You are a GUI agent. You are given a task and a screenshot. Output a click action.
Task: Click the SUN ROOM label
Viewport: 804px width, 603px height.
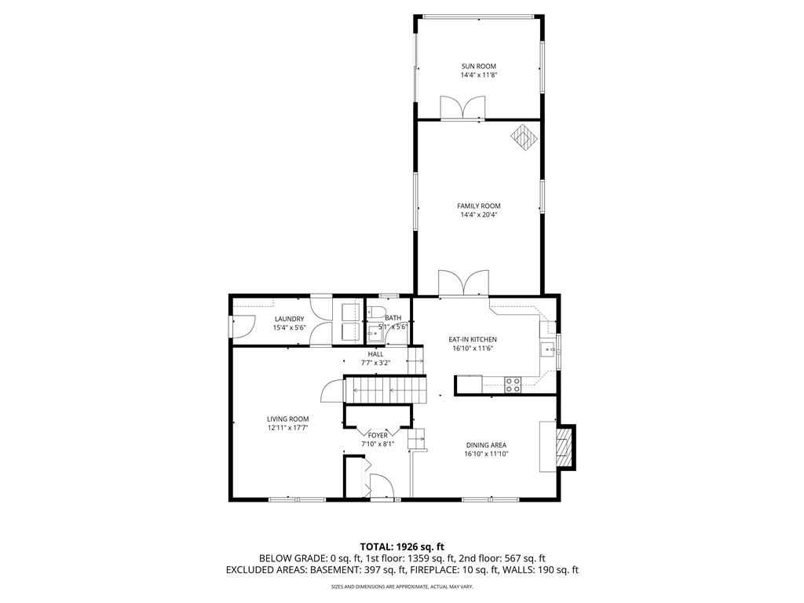pos(478,66)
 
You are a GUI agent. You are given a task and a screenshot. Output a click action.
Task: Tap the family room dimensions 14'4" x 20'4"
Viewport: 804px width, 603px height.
pos(478,214)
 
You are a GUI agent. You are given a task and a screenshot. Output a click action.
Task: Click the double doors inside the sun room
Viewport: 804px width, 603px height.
pos(462,108)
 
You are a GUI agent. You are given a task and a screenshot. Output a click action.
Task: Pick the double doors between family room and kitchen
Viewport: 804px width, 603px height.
pos(462,283)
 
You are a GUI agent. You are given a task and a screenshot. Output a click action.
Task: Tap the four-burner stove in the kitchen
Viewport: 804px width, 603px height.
pos(512,384)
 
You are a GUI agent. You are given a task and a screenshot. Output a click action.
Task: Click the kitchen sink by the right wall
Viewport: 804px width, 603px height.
pos(545,349)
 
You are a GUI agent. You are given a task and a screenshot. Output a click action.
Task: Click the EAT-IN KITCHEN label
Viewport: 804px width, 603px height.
pos(473,339)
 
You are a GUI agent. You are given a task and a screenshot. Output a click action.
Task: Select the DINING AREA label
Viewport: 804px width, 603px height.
pos(485,444)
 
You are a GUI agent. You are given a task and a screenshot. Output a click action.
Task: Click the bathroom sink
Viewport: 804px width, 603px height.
pos(372,334)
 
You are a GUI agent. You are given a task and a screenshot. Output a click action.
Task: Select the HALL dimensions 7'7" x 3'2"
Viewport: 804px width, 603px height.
pos(375,363)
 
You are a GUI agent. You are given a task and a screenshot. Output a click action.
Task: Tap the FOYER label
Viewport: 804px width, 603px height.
pos(378,434)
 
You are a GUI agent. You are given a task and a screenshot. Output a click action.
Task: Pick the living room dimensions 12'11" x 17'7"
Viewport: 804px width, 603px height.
pos(287,428)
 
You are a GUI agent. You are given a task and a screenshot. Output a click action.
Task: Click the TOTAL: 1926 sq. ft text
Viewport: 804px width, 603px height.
pos(402,546)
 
